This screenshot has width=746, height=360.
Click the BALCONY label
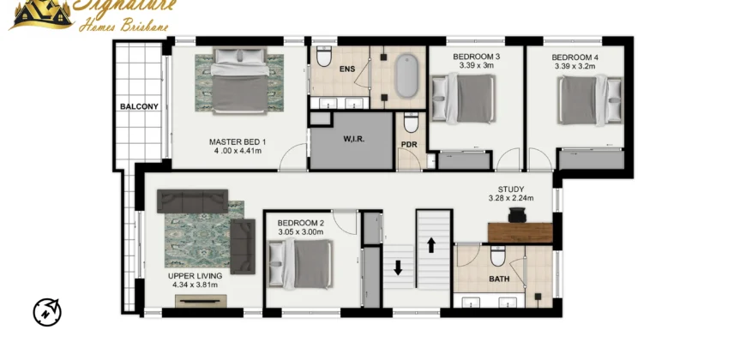pos(139,106)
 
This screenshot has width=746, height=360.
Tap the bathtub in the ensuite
pos(406,76)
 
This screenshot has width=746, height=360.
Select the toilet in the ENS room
pos(324,56)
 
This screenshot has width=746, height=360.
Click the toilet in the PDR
pos(411,123)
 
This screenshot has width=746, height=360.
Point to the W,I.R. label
pos(354,140)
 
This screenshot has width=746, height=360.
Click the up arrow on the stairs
pos(431,245)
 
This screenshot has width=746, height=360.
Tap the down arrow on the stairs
pos(398,267)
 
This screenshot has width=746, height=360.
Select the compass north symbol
pos(47,313)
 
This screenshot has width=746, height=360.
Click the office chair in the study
pos(517,215)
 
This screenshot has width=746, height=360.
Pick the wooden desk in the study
pos(520,233)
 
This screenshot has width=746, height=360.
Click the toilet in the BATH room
pos(498,256)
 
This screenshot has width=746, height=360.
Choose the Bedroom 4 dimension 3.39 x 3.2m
pos(575,66)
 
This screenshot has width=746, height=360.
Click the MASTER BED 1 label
pos(238,141)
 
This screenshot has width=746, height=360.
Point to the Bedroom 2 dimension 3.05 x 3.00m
pos(300,232)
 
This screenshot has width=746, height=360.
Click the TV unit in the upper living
pos(201,301)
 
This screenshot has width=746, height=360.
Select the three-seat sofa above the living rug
pos(193,201)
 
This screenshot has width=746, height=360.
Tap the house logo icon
pos(42,15)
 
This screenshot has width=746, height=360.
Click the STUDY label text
pos(511,189)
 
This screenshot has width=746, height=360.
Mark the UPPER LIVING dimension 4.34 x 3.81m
pos(195,285)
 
